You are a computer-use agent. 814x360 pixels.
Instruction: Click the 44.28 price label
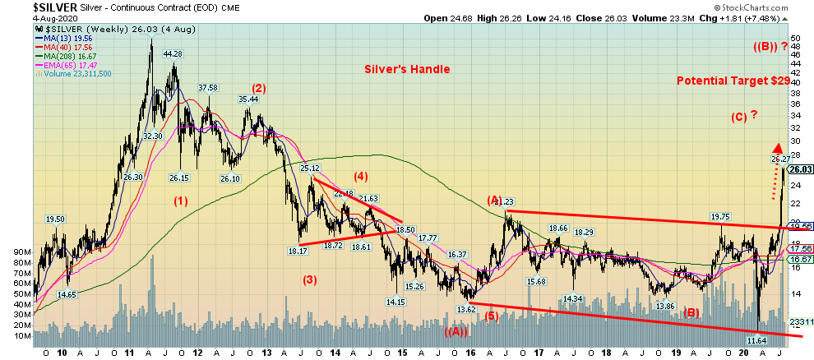(x=171, y=54)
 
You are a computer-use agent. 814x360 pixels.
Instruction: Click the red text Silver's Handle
(x=407, y=70)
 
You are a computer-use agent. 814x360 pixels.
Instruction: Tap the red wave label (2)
(x=258, y=89)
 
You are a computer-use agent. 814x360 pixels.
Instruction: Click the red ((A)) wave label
(x=456, y=331)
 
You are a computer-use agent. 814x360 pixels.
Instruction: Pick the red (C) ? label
(x=743, y=117)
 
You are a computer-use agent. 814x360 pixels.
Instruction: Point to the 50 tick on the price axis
(x=795, y=38)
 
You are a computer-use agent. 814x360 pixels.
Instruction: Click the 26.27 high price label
(x=780, y=158)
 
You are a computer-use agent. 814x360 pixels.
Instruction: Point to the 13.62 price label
(x=466, y=309)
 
